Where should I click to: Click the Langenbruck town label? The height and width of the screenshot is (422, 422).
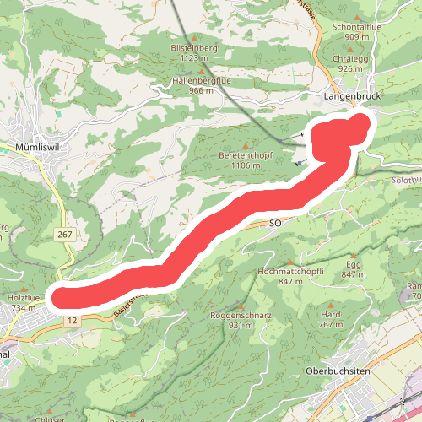(x=353, y=98)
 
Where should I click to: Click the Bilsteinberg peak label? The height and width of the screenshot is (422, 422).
(x=194, y=48)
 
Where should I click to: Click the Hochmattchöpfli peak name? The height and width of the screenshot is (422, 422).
(x=289, y=271)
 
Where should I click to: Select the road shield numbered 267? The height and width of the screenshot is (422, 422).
(x=66, y=233)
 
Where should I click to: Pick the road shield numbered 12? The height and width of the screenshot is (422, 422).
(x=73, y=320)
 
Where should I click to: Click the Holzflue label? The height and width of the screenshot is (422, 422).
(x=24, y=299)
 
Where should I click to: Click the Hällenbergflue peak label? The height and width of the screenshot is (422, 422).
(x=200, y=79)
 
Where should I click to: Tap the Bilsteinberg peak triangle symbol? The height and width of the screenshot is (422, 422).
(x=194, y=38)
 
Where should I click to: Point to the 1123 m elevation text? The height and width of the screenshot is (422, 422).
(x=194, y=58)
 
